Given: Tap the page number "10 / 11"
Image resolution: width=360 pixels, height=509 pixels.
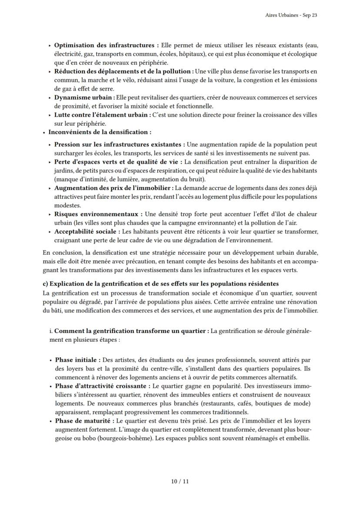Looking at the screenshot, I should pos(180,481).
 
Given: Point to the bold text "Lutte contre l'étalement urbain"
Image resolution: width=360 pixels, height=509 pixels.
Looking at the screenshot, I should pos(102,115).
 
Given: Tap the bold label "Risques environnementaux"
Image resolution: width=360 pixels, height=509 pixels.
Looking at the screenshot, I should pos(96,214).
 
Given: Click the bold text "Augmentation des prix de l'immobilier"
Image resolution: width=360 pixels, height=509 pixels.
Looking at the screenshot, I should pos(113,188).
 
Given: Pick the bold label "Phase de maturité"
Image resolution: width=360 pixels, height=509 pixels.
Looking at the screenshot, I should pos(84,421).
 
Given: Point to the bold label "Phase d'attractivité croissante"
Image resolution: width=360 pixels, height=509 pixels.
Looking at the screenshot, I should pos(103,386).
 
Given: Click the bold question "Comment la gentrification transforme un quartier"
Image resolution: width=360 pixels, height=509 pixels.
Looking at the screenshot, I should pos(131,331).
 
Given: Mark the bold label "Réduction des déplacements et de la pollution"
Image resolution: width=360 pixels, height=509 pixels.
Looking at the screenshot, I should pos(123,71).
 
